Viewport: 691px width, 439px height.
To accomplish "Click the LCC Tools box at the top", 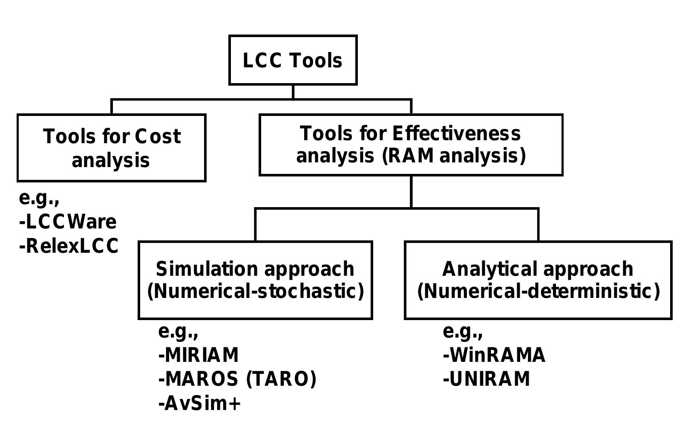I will [293, 60].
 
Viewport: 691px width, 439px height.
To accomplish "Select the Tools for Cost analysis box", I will [111, 147].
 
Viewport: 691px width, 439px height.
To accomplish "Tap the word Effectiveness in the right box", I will [456, 133].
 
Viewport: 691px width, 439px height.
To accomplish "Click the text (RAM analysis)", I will [454, 156].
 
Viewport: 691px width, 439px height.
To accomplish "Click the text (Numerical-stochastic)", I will [256, 292].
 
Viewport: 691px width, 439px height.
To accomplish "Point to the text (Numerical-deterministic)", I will [538, 292].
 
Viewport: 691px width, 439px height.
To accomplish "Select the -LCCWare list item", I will [68, 222].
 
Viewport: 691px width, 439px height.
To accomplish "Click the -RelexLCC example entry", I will [69, 246].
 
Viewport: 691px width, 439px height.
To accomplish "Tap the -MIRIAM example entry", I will [199, 355].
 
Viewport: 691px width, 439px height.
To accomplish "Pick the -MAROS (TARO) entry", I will [237, 379].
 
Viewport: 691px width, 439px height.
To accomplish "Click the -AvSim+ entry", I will [199, 403].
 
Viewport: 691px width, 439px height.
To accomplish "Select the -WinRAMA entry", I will [494, 355].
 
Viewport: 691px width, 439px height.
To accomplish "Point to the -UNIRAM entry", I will [487, 379].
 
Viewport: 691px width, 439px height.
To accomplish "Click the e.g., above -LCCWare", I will [39, 199].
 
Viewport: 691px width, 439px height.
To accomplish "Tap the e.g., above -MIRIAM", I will [178, 332].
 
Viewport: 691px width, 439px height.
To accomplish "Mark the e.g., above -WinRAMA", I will [463, 332].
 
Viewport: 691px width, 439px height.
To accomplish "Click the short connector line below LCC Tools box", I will [293, 92].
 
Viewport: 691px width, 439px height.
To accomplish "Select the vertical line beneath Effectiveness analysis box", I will [411, 191].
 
